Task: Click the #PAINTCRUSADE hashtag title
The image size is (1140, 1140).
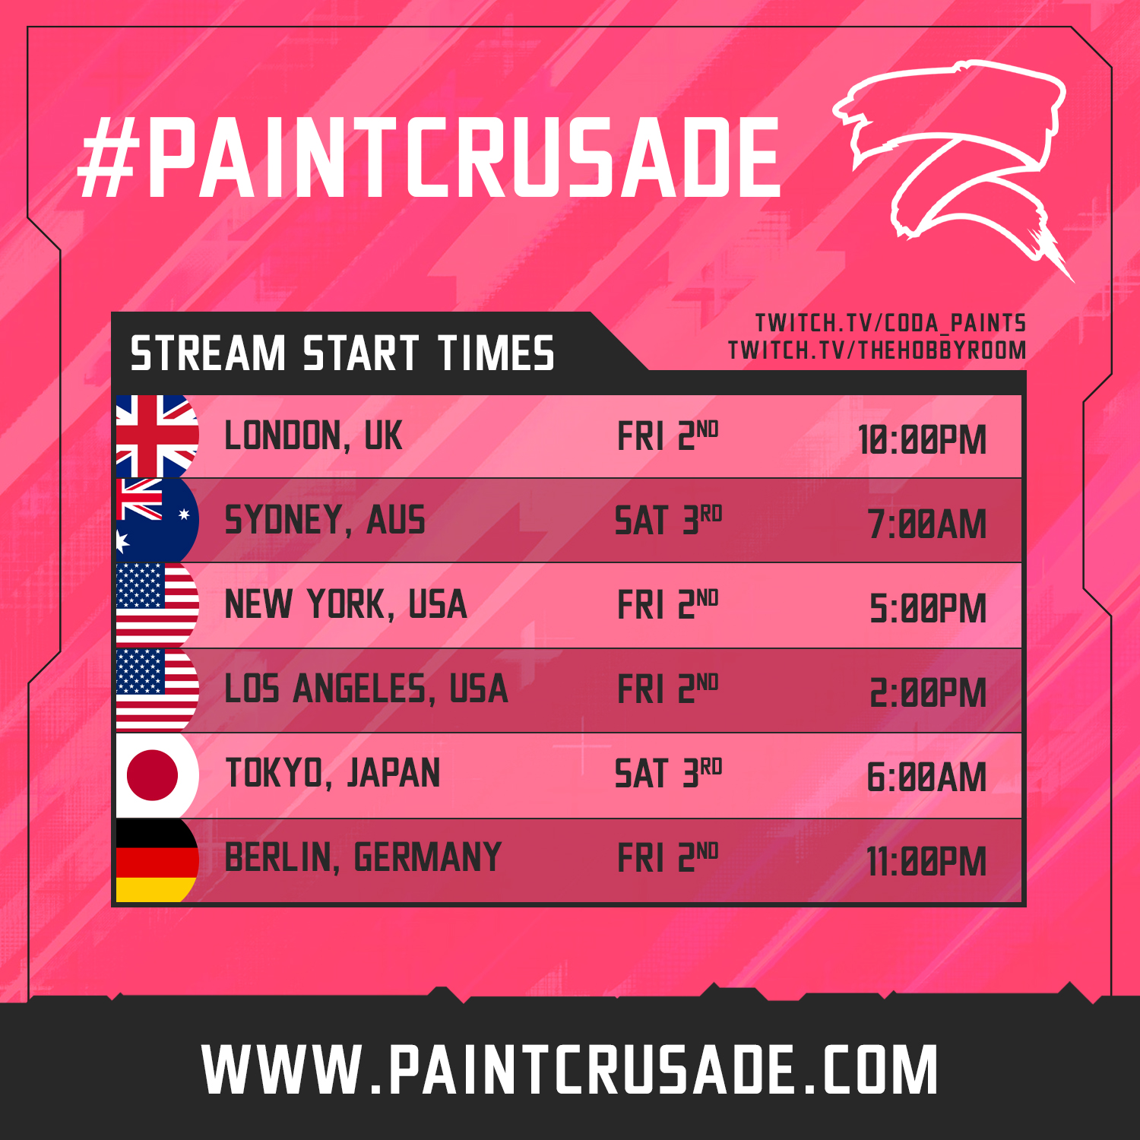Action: [x=429, y=157]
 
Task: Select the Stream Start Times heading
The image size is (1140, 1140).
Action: [x=342, y=353]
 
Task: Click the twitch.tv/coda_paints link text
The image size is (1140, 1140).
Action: [x=891, y=323]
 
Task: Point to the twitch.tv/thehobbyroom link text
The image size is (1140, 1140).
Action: [x=877, y=350]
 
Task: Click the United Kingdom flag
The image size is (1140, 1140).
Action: [x=157, y=436]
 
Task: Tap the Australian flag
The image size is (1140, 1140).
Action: [x=157, y=521]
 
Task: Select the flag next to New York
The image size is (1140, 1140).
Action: [x=157, y=605]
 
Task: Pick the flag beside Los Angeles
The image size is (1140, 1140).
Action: [x=157, y=690]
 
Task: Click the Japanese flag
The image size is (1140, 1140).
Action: [x=157, y=775]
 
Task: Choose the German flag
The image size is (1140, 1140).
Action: [x=157, y=860]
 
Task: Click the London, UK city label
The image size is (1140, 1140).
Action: [x=313, y=436]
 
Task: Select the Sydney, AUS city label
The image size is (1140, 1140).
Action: [x=325, y=521]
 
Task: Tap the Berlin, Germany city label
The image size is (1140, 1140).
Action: [x=363, y=858]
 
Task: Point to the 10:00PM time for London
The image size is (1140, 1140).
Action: [x=922, y=440]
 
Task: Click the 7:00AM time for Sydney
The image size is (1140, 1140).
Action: [x=927, y=524]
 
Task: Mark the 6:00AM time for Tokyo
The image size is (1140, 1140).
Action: [x=926, y=777]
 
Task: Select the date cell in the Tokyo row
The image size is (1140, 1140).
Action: [x=668, y=774]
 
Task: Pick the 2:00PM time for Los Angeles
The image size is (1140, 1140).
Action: [x=928, y=693]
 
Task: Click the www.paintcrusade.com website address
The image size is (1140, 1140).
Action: [x=570, y=1070]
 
